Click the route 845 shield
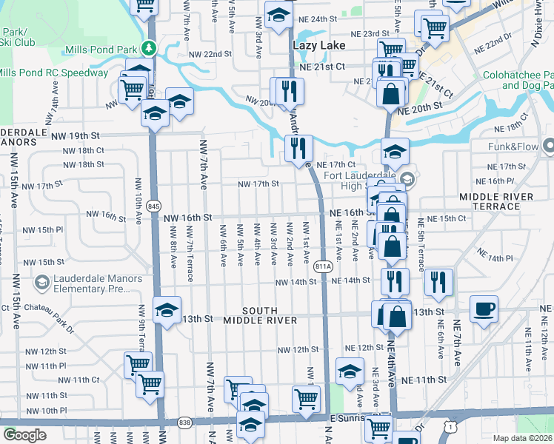tap(153, 205)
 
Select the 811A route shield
tap(322, 266)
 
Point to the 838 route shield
tap(184, 423)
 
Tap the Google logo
tap(24, 435)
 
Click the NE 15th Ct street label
tap(442, 218)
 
